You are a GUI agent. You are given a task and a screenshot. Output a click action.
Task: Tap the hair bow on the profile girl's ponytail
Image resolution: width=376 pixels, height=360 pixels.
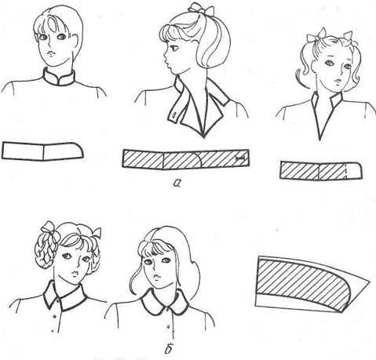coord(201,9)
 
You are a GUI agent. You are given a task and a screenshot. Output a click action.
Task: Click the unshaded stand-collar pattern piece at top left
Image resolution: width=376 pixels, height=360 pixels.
coord(42,151)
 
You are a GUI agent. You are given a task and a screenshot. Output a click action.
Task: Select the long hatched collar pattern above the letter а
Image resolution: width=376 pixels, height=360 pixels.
coord(186,158)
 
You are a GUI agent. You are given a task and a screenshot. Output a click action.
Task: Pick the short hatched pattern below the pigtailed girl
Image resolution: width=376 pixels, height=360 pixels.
coord(321,171)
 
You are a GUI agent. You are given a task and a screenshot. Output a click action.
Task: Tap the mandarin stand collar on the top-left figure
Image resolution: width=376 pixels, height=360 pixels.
coord(59,77)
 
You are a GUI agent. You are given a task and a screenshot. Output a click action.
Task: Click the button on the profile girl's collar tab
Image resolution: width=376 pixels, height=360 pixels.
coord(174,115)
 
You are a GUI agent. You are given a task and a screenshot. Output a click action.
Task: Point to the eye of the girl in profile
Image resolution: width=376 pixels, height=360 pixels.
coord(174,48)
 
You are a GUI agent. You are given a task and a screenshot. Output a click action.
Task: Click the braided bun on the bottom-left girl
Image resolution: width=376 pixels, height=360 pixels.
coord(47,249)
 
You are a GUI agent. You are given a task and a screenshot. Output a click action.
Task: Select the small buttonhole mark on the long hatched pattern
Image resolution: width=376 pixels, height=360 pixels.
coord(241,158)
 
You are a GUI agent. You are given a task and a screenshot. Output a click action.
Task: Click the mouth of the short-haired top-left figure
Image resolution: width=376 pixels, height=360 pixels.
coord(52,53)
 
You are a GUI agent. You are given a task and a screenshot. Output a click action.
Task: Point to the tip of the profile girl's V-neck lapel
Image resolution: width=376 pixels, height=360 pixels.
coord(204,136)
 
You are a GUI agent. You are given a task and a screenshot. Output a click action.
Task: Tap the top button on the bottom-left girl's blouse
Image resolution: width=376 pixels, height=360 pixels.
coord(54,317)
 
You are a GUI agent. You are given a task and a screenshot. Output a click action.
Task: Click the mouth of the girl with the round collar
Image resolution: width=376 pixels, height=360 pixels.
coord(156,277)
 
